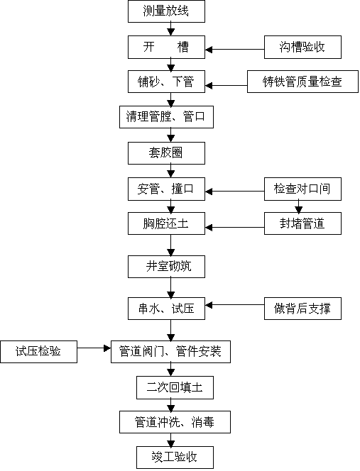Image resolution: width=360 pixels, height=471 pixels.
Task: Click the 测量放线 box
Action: click(166, 11)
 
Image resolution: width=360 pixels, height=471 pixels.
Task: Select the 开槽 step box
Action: click(166, 47)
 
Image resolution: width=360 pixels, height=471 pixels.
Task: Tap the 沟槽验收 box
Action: click(302, 47)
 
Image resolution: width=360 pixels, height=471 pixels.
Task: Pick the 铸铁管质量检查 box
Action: click(302, 82)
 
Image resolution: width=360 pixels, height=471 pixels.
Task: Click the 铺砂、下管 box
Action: click(166, 82)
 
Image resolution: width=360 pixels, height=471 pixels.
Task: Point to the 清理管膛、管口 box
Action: click(166, 117)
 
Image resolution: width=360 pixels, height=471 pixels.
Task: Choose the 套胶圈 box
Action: click(166, 153)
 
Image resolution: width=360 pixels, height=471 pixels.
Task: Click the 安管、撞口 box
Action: click(166, 189)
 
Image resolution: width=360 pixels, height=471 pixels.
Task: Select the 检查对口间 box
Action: click(302, 189)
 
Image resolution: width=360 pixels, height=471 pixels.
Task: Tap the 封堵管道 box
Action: click(302, 223)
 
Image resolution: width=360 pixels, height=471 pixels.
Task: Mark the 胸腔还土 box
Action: click(166, 223)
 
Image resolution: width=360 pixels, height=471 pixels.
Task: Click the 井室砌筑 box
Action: click(166, 267)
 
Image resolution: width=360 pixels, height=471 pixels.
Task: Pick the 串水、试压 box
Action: click(166, 309)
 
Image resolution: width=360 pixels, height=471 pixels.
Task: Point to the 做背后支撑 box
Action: click(302, 309)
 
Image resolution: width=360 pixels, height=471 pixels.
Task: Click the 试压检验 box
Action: click(38, 352)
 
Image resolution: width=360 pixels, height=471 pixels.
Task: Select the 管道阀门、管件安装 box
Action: click(170, 352)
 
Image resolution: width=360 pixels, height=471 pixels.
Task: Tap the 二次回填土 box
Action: click(175, 387)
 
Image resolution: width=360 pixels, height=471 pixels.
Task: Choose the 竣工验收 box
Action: click(175, 458)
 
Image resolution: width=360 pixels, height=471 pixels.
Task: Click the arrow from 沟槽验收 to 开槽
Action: click(234, 49)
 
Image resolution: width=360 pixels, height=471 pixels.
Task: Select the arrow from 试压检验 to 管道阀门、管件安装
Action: click(94, 348)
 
